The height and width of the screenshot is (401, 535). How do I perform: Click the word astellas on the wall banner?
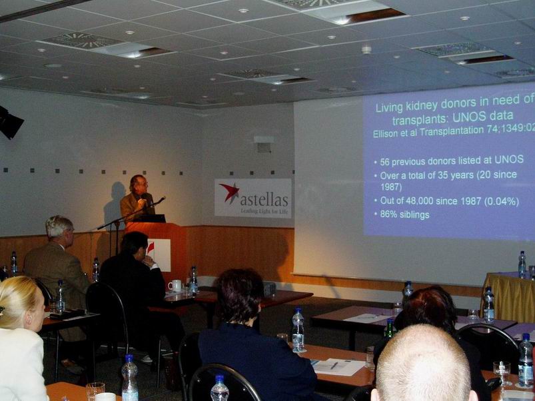point(264,200)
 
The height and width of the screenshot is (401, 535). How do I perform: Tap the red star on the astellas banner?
point(229,192)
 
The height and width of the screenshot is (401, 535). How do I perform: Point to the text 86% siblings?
point(404,214)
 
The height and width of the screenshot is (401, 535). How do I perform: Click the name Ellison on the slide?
point(384,133)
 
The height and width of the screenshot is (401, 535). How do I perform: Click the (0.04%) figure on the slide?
point(501,201)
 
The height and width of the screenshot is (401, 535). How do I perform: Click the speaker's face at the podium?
point(140,185)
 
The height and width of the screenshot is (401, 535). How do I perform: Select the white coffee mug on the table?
point(175,286)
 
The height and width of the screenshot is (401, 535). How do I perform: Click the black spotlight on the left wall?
point(9,123)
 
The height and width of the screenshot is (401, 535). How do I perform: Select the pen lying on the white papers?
point(334,365)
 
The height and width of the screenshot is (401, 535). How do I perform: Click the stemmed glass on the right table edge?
point(502,372)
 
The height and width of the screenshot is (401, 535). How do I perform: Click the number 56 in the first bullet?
point(384,162)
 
